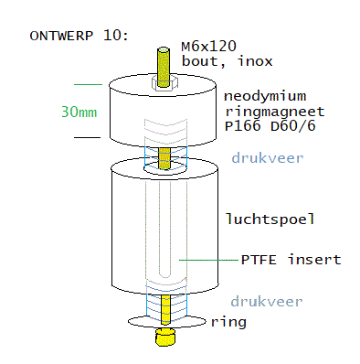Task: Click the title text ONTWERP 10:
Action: pyautogui.click(x=79, y=36)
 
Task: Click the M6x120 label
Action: pyautogui.click(x=208, y=47)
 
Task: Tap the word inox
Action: pyautogui.click(x=255, y=61)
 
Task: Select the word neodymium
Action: pyautogui.click(x=265, y=96)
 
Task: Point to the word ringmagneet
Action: pyautogui.click(x=275, y=112)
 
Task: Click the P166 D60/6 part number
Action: pyautogui.click(x=270, y=126)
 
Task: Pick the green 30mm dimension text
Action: pyautogui.click(x=79, y=112)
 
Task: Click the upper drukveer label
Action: pyautogui.click(x=268, y=158)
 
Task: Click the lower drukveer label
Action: pyautogui.click(x=267, y=302)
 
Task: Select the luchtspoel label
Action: pyautogui.click(x=270, y=219)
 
